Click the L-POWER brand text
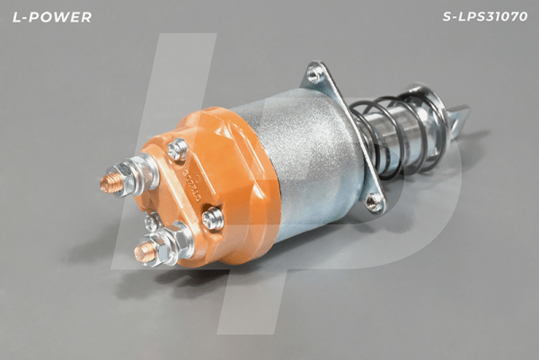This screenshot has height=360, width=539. point(51,17)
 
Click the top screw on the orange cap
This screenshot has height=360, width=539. point(178,148)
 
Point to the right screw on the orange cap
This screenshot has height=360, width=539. point(213,218)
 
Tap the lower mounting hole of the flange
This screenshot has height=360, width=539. point(373,203)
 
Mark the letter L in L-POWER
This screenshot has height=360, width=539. point(16,17)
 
